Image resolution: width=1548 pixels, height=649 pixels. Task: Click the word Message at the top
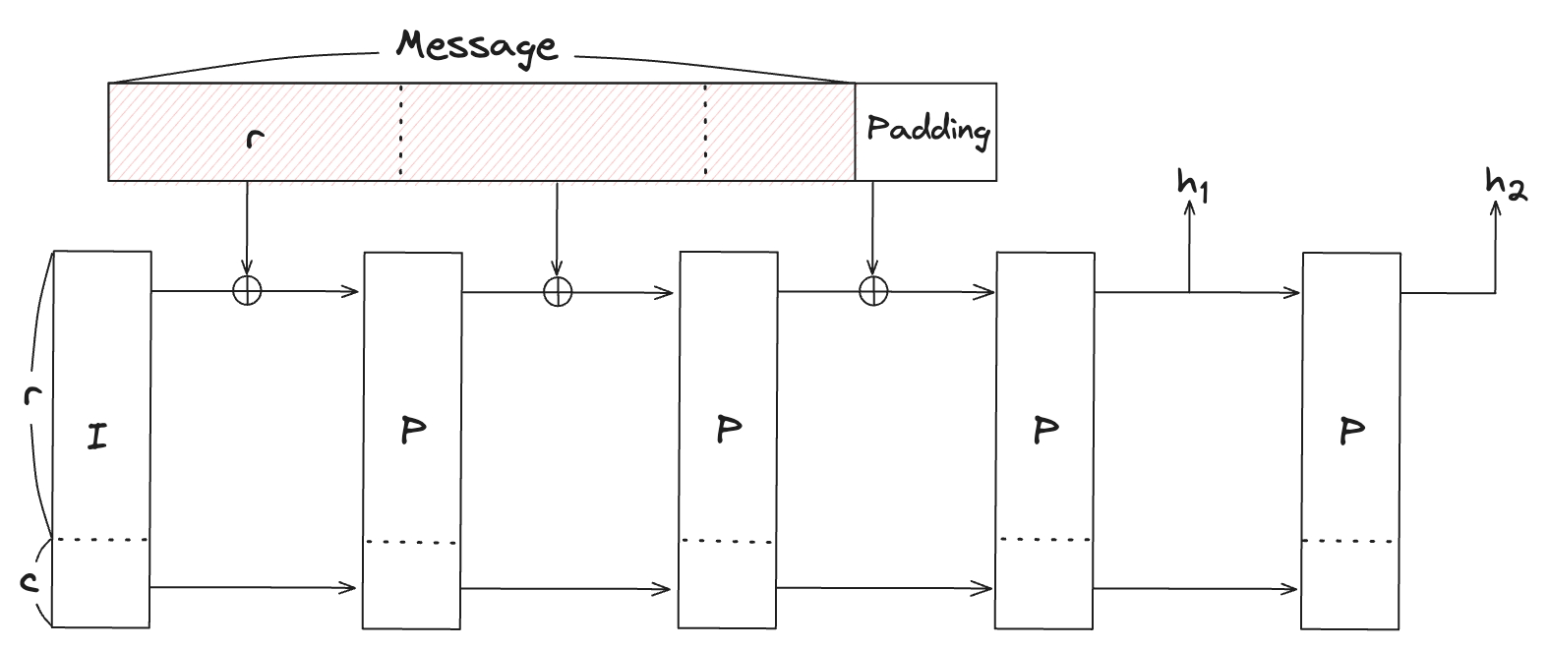477,45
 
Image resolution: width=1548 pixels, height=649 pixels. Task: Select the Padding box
925,132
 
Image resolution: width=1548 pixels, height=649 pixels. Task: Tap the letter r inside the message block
256,138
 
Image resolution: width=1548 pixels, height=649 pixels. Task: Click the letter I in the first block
96,436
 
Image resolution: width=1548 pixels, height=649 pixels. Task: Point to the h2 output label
1505,184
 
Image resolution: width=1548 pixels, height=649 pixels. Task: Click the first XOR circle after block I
246,291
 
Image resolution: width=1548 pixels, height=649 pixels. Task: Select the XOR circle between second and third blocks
558,291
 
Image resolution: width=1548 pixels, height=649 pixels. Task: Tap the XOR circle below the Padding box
873,291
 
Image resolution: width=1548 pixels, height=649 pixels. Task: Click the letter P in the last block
1352,431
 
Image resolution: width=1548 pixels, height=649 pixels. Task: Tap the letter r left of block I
31,396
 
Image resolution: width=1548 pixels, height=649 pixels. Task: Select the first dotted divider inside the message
400,132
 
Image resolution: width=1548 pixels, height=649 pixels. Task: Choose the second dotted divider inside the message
705,132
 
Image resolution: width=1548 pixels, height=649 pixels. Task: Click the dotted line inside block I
102,539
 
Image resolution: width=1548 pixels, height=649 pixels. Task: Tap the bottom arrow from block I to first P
252,588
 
